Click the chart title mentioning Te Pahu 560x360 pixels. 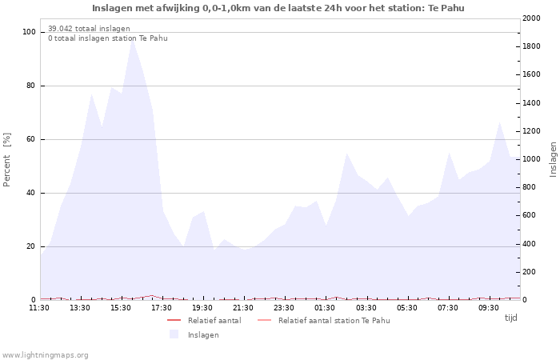(x=278, y=8)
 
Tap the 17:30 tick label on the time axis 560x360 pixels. (x=162, y=307)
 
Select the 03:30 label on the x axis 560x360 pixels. (x=366, y=307)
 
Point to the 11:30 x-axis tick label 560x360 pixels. (x=39, y=307)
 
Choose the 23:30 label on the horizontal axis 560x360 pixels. (x=285, y=307)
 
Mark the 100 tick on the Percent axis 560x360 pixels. (x=29, y=32)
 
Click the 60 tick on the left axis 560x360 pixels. (x=31, y=139)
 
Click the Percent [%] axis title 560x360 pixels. (x=7, y=160)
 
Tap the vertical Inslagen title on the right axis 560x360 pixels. (x=553, y=159)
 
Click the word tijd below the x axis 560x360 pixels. (x=510, y=318)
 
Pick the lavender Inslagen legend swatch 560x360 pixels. (x=174, y=334)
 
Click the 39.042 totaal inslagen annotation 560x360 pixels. (x=89, y=29)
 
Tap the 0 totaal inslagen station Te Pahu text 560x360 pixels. (x=107, y=38)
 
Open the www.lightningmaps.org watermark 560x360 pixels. (x=46, y=354)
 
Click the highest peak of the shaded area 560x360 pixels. (x=133, y=39)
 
